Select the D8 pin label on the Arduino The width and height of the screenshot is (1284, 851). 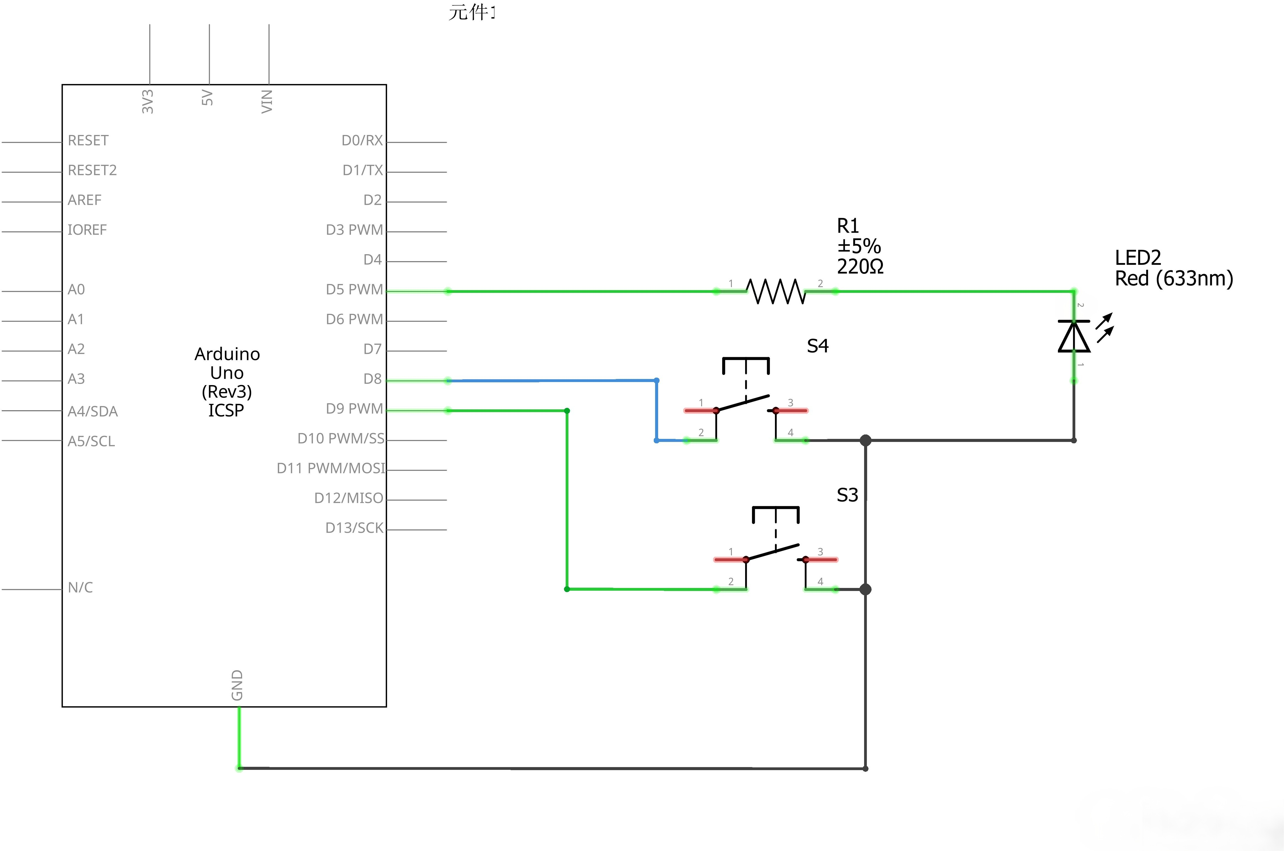pos(372,379)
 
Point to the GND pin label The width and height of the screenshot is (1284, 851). pos(237,685)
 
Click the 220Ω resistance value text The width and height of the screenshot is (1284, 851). pos(860,266)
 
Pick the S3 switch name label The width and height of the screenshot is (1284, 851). pos(847,495)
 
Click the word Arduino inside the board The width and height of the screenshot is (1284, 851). pos(227,354)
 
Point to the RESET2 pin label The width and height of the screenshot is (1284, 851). pos(92,170)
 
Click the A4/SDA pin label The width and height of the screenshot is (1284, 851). pos(92,411)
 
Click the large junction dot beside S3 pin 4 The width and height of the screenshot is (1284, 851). pos(865,589)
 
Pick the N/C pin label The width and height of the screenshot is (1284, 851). pos(80,587)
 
